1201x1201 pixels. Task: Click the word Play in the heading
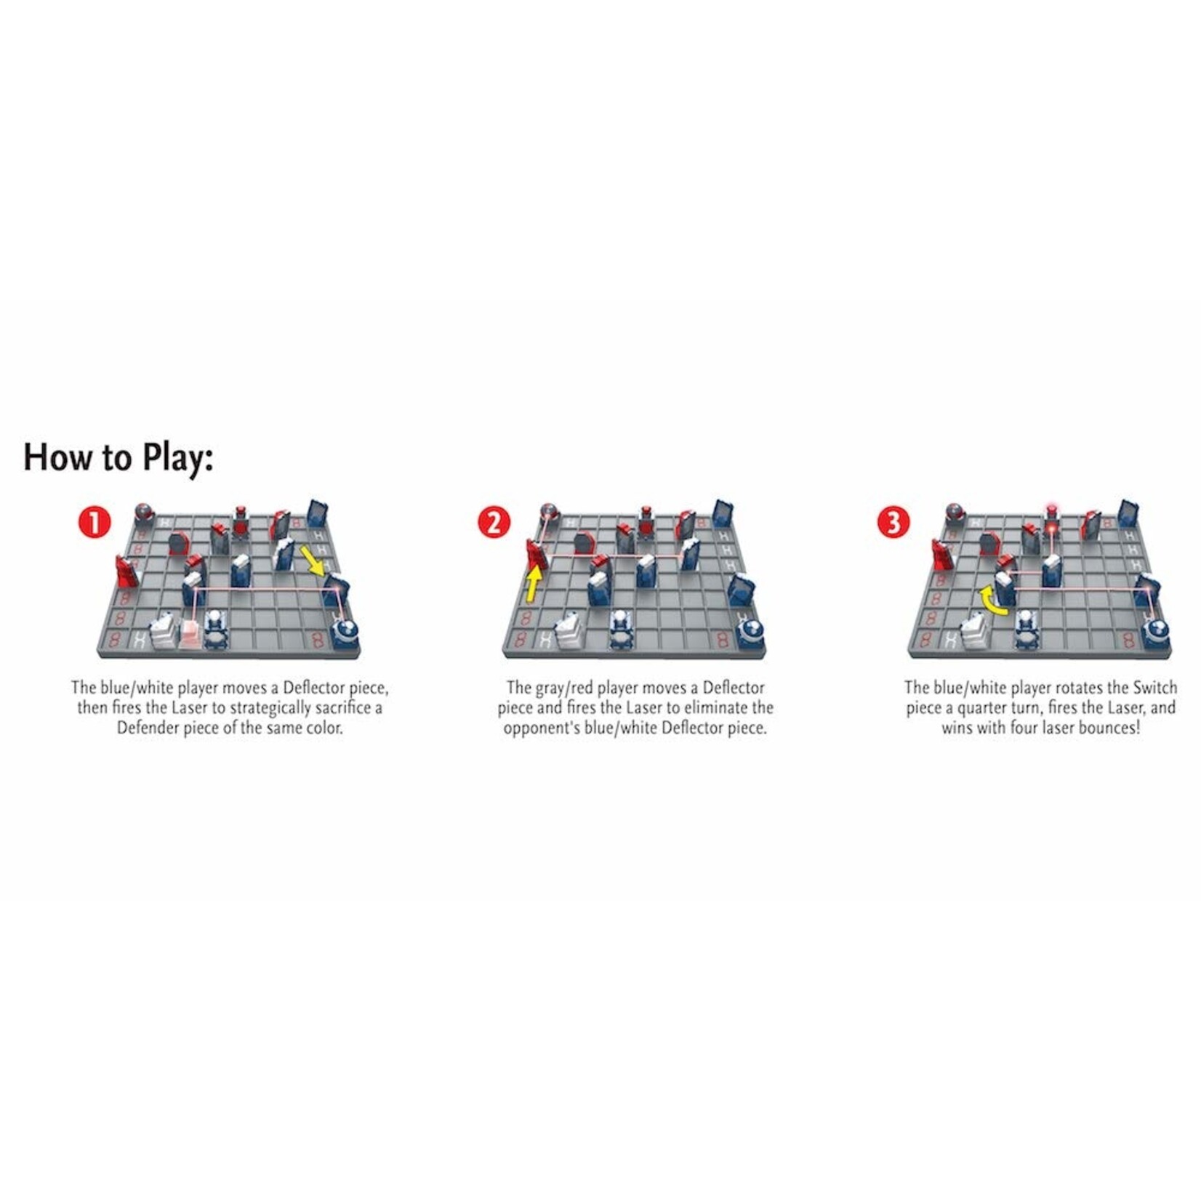point(177,459)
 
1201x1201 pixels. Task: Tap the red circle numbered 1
point(95,523)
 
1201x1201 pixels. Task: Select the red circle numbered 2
point(494,523)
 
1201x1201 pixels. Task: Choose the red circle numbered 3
point(893,523)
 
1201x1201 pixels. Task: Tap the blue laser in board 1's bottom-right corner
point(345,631)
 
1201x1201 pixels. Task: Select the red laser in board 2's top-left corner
point(548,512)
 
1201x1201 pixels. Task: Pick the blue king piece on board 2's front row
point(619,627)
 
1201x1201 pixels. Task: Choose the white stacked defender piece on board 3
point(975,630)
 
